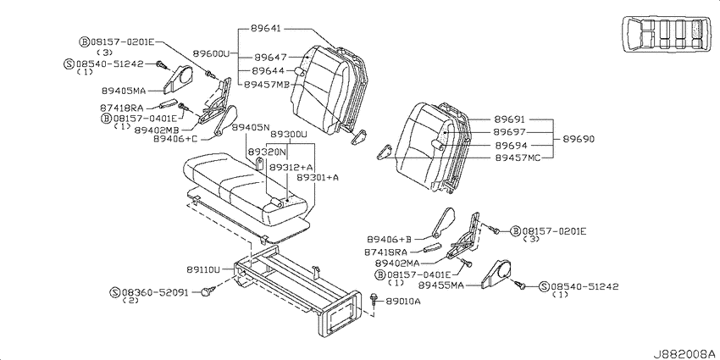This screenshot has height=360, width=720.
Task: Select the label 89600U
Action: (x=210, y=53)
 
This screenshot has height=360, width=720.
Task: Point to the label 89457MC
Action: (x=518, y=158)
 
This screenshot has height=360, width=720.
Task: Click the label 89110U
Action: (x=203, y=270)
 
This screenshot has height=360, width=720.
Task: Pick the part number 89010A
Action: (x=403, y=302)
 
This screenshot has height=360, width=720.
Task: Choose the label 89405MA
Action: (x=123, y=91)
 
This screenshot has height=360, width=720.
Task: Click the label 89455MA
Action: (x=440, y=285)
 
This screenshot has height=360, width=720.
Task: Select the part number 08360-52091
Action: (x=155, y=291)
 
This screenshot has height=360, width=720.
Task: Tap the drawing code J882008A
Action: (x=685, y=353)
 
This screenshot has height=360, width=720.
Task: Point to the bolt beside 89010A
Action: (x=374, y=301)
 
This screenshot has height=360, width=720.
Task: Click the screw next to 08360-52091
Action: (x=209, y=291)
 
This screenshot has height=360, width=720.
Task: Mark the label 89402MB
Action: (x=157, y=130)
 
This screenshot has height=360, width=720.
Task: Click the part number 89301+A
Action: (x=318, y=177)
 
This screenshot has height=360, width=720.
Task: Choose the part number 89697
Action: (x=510, y=132)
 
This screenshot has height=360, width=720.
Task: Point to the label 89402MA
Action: (x=398, y=263)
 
